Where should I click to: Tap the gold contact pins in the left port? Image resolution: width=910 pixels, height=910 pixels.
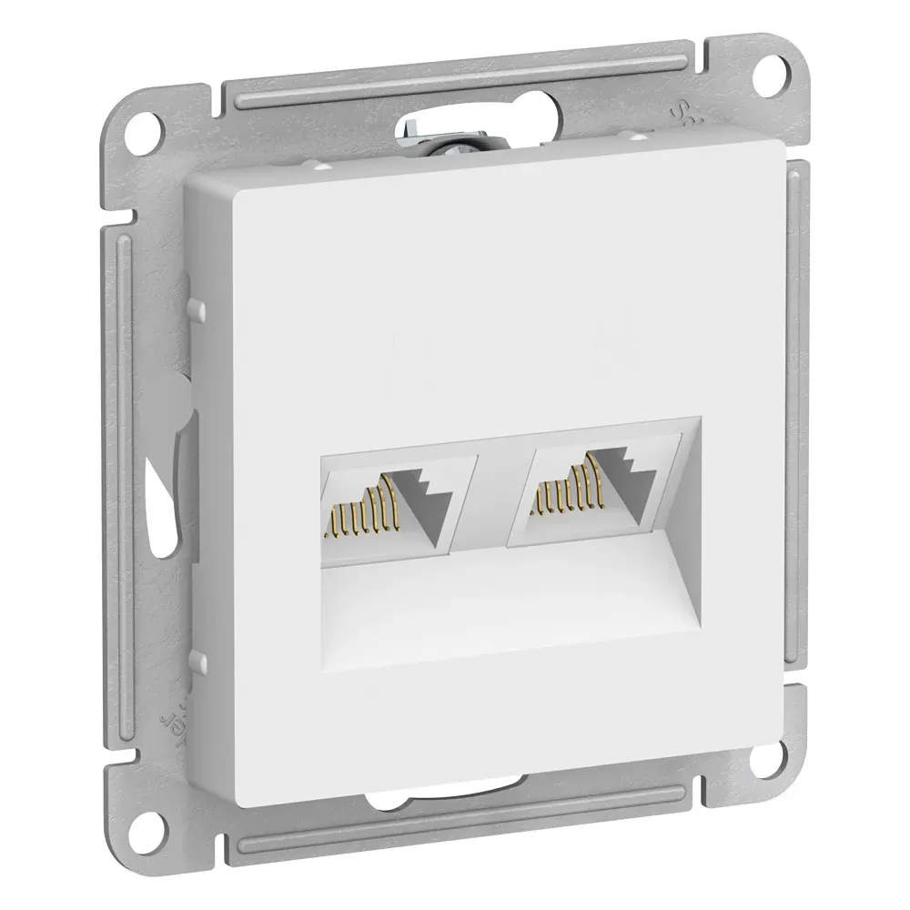pos(363,513)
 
